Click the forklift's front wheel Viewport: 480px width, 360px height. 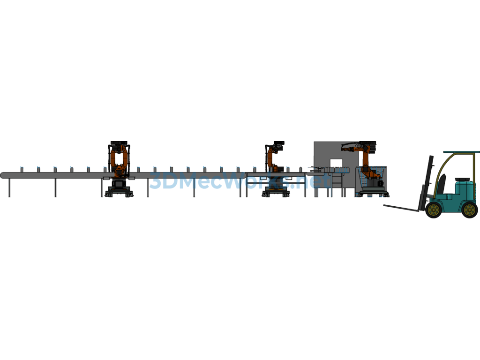(434, 210)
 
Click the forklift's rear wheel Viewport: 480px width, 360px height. (470, 210)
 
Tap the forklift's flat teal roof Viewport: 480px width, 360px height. (462, 152)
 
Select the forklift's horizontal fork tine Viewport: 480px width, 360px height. (402, 208)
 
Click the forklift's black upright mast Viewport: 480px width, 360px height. (427, 183)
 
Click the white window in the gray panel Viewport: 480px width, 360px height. (336, 164)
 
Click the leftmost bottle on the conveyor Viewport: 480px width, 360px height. (22, 169)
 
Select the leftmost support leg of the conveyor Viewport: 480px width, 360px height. (9, 187)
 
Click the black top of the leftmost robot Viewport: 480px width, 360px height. (119, 143)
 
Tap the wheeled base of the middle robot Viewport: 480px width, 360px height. (276, 192)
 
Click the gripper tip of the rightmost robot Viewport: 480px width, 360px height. (344, 149)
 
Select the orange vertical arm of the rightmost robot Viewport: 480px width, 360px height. (366, 161)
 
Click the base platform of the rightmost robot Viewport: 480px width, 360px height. (373, 194)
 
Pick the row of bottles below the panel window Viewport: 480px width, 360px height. (337, 169)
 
